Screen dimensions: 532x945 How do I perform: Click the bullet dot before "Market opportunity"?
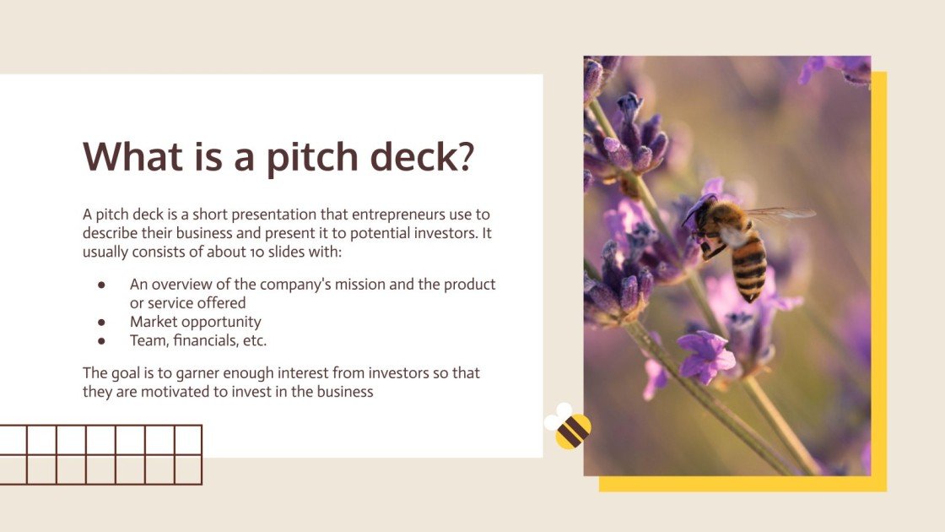point(102,322)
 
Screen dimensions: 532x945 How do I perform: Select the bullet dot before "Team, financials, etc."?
point(102,341)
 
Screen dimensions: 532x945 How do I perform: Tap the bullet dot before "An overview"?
point(102,285)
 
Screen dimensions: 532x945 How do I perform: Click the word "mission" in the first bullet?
point(332,285)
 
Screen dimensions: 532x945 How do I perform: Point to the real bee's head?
point(699,212)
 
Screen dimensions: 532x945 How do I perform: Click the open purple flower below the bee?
point(705,355)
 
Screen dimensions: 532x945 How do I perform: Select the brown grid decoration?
point(101,455)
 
